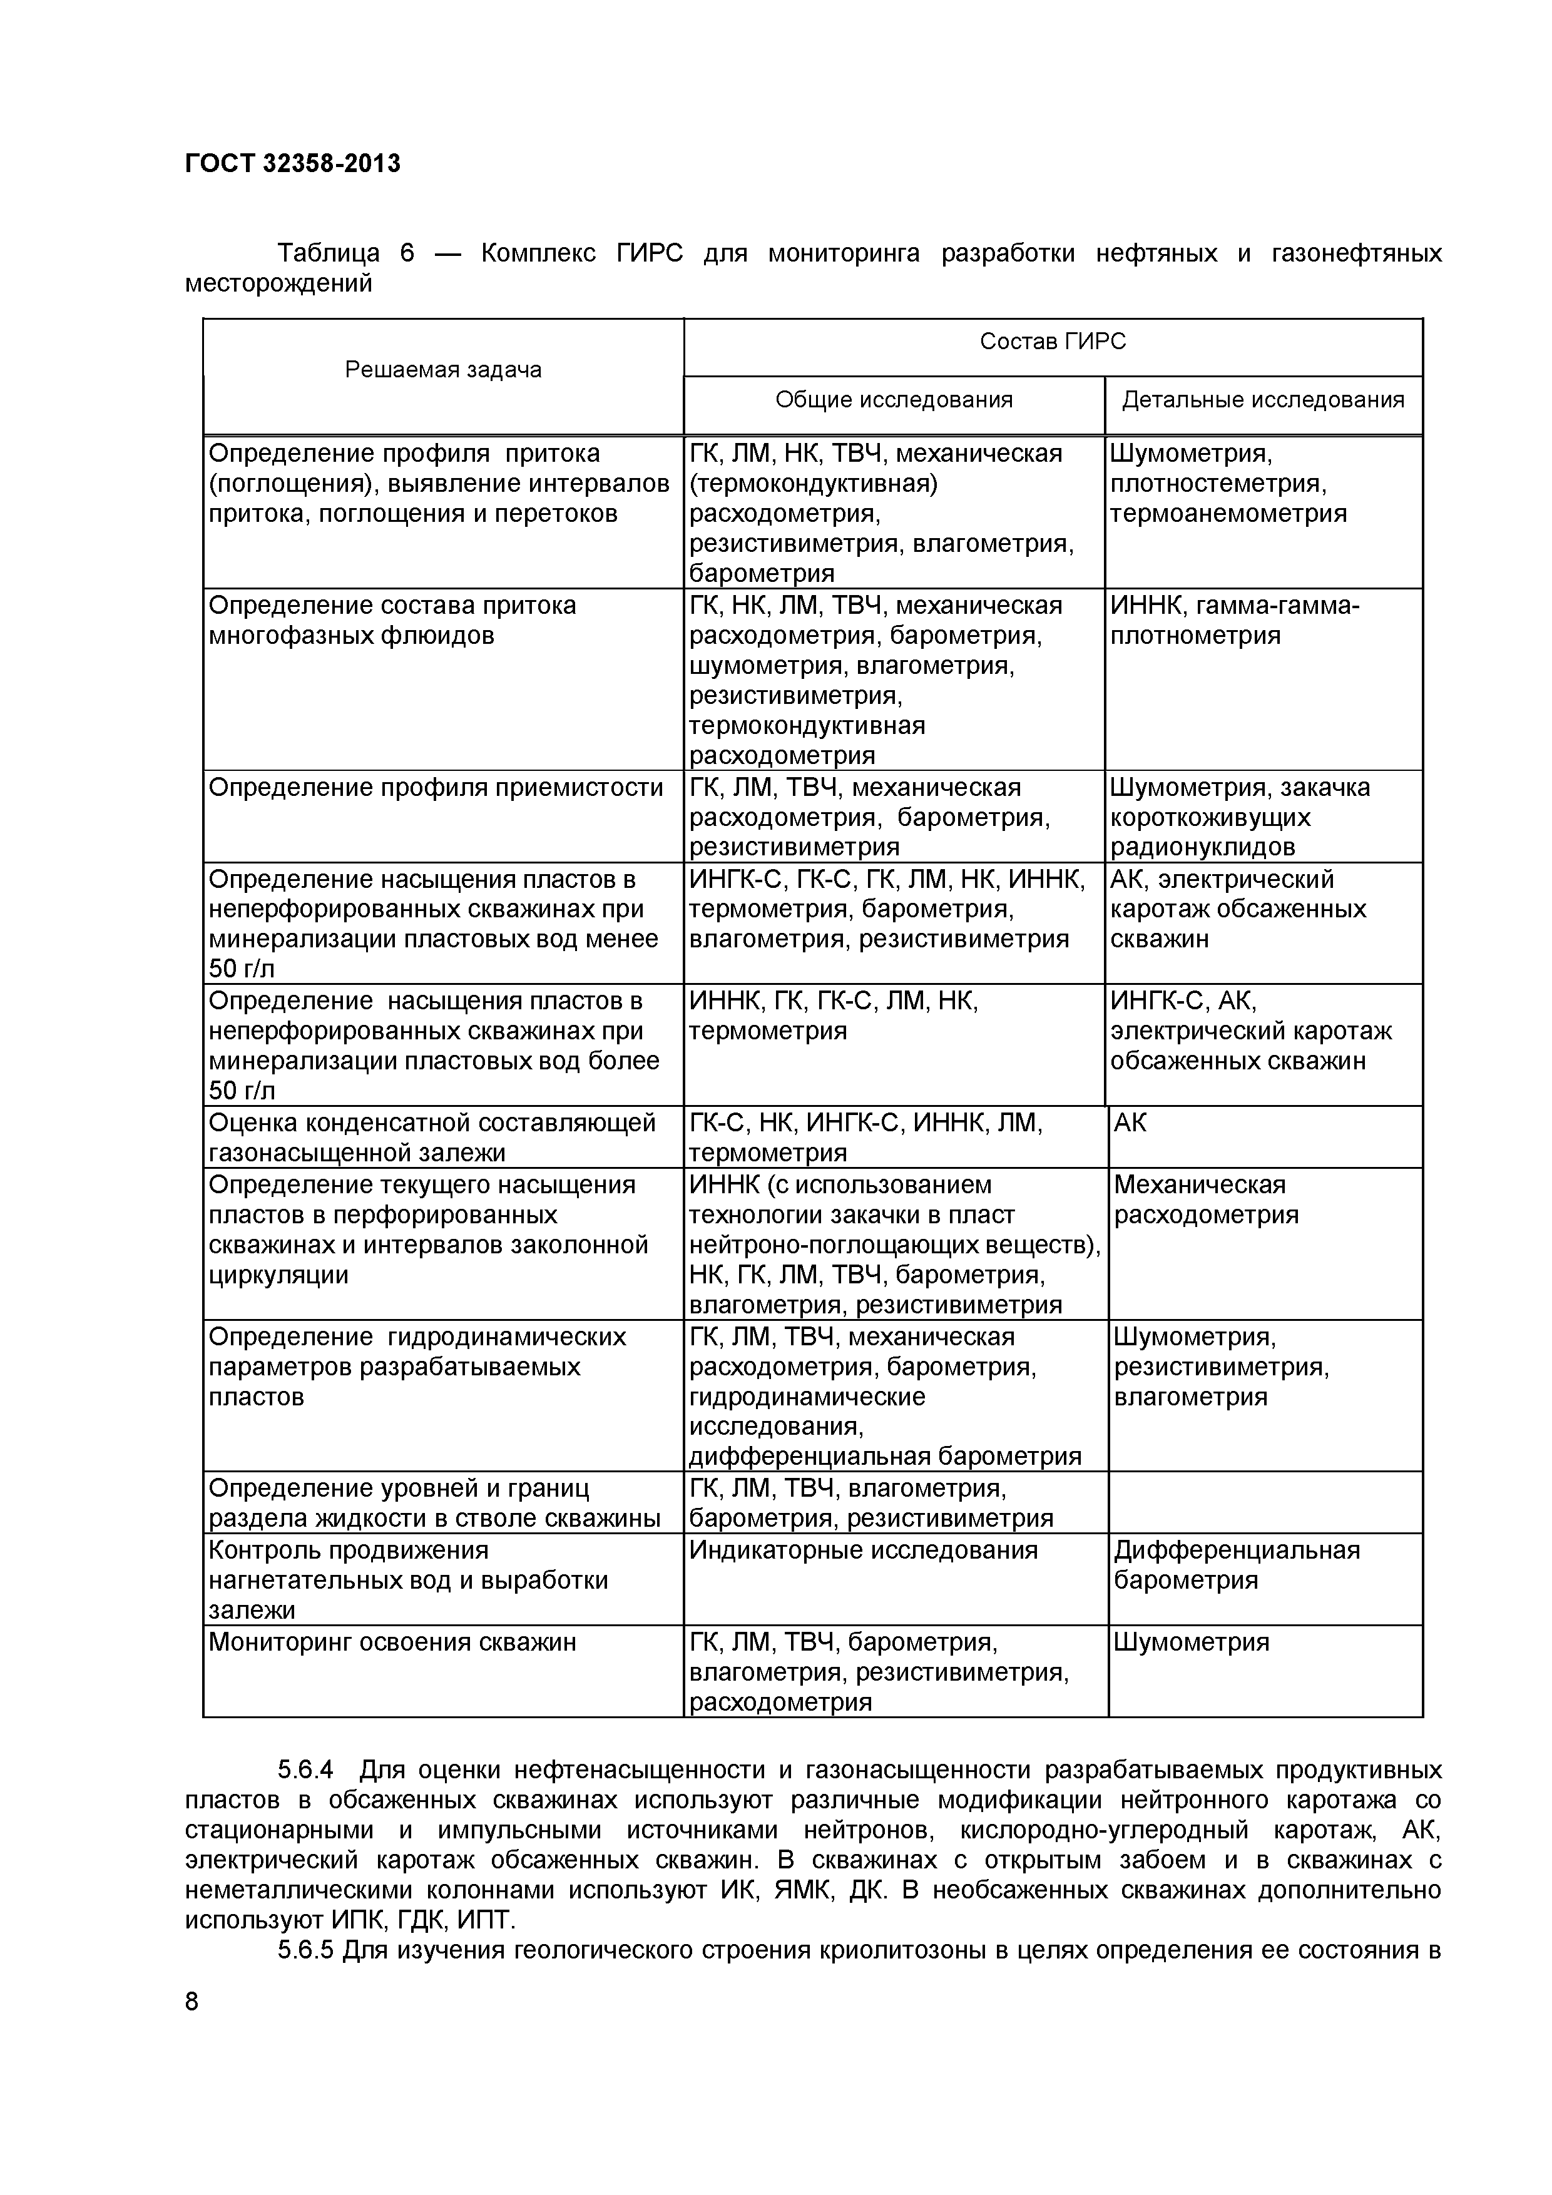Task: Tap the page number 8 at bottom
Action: tap(192, 2001)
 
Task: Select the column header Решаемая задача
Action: tap(442, 370)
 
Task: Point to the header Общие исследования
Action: tap(893, 400)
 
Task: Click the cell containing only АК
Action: tap(1130, 1123)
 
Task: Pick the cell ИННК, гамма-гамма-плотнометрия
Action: tap(1233, 621)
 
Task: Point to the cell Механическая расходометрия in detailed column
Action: tap(1206, 1199)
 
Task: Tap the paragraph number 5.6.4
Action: tap(305, 1770)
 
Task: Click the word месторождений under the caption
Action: tap(278, 284)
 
